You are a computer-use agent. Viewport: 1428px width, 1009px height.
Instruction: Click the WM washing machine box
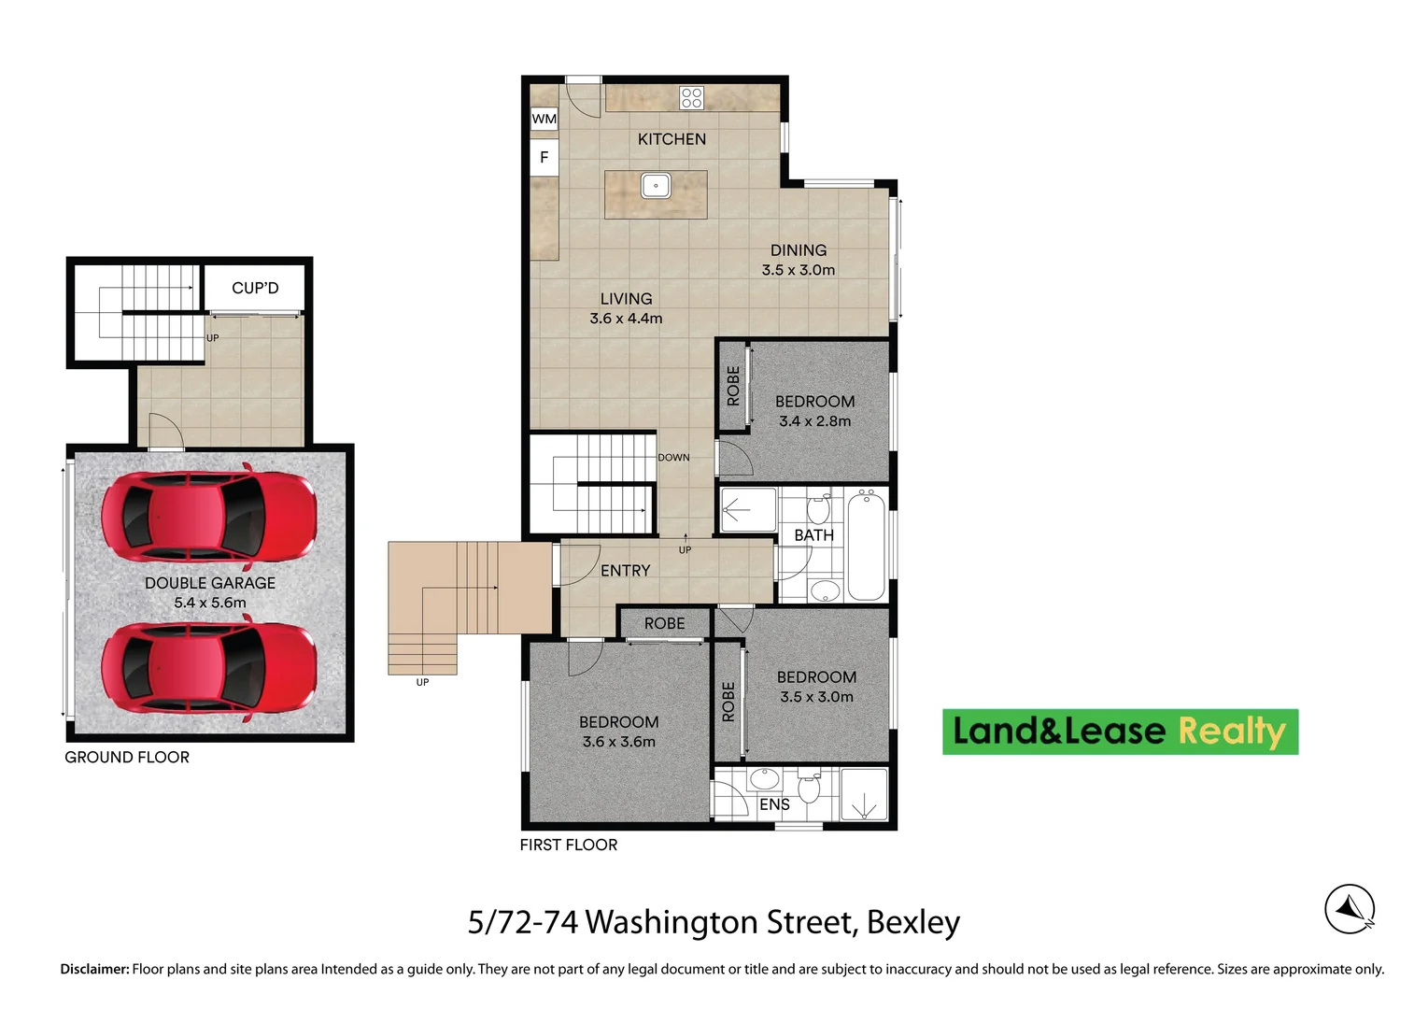pyautogui.click(x=544, y=119)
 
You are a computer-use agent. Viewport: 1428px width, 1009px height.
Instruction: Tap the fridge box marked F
pyautogui.click(x=544, y=158)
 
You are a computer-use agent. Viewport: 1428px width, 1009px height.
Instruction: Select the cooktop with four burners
pyautogui.click(x=691, y=97)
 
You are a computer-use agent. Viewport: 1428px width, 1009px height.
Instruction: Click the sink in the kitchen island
pyautogui.click(x=656, y=185)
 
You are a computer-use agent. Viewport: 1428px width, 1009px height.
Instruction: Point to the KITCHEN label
pyautogui.click(x=672, y=139)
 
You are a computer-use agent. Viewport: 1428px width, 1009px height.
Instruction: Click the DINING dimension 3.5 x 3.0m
pyautogui.click(x=798, y=270)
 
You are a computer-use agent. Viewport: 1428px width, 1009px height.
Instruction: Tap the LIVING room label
pyautogui.click(x=626, y=299)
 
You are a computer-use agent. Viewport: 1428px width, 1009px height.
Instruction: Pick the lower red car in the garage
pyautogui.click(x=208, y=668)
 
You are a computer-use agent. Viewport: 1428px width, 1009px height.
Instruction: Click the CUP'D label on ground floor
pyautogui.click(x=255, y=288)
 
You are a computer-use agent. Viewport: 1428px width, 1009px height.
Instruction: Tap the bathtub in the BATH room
pyautogui.click(x=867, y=547)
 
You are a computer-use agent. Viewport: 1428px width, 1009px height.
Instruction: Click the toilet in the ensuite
pyautogui.click(x=809, y=789)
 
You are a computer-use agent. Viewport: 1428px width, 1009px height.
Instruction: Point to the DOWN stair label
pyautogui.click(x=673, y=458)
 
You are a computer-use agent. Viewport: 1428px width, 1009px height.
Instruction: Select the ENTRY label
pyautogui.click(x=625, y=571)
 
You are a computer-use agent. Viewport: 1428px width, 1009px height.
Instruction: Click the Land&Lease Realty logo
pyautogui.click(x=1120, y=732)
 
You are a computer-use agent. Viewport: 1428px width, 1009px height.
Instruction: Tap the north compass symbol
pyautogui.click(x=1350, y=908)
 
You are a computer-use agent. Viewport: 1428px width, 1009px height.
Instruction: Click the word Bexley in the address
pyautogui.click(x=912, y=922)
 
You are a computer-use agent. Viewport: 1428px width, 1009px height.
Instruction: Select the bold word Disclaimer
pyautogui.click(x=94, y=969)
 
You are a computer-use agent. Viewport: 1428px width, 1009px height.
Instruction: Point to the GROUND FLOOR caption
pyautogui.click(x=127, y=758)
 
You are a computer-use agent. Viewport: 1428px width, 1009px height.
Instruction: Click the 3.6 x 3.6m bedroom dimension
pyautogui.click(x=618, y=742)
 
